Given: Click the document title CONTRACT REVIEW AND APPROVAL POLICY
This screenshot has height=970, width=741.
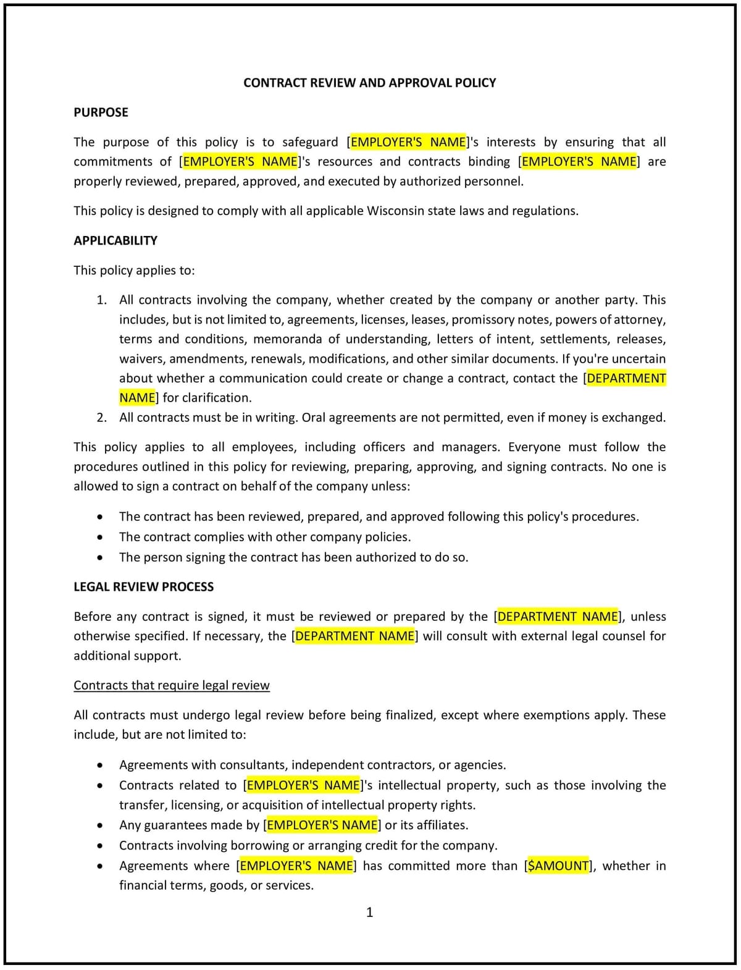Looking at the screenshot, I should [369, 83].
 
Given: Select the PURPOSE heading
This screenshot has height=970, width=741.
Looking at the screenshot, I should [101, 112].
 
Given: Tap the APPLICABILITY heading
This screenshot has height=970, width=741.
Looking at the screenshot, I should [115, 240].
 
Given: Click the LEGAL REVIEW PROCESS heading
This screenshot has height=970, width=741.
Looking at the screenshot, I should [143, 587].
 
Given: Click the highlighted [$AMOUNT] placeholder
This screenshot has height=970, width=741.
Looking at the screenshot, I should [558, 866].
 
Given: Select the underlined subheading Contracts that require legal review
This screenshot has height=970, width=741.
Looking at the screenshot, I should [172, 685].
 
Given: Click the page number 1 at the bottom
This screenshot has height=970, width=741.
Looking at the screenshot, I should [370, 912].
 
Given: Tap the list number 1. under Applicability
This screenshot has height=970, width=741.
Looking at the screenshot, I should [102, 300].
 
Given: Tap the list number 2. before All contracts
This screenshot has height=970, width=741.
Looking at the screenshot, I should [102, 418].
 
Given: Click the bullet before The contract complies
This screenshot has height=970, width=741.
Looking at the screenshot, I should [100, 537].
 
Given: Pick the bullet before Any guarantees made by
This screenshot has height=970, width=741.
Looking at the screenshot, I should [100, 825].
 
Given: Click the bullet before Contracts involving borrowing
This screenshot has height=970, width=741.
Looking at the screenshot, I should [100, 846].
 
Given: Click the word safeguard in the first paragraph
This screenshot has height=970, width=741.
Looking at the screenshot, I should [310, 142].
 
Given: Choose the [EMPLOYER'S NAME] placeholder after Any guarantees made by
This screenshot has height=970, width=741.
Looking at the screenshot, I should [322, 825].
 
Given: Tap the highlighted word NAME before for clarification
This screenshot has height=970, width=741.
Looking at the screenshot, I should [138, 398].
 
